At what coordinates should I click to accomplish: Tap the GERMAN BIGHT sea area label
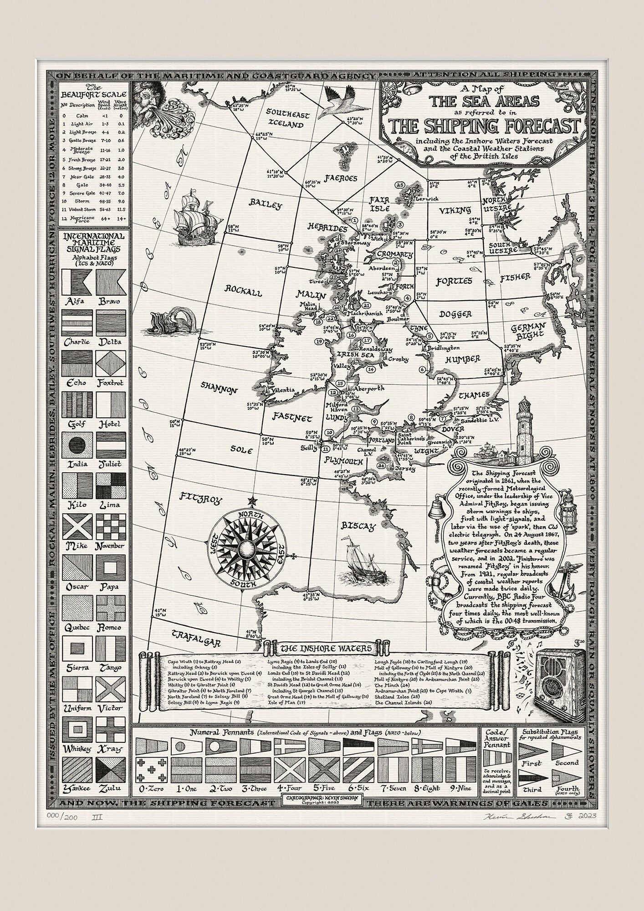(x=528, y=330)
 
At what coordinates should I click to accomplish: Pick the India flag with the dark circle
(x=78, y=445)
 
